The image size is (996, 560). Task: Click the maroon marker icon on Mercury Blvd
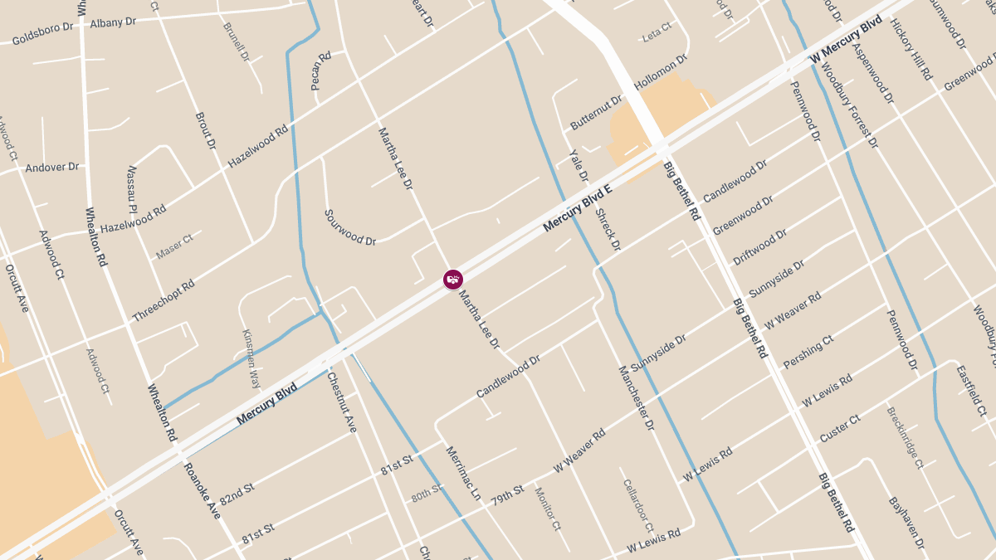tap(452, 280)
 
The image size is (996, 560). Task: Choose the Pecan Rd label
tap(320, 71)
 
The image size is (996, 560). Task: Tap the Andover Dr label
tap(51, 167)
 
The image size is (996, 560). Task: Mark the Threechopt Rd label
tap(163, 300)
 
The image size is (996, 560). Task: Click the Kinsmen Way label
tap(251, 358)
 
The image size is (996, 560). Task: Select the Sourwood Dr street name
tap(349, 227)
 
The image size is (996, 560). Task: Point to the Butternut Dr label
tap(596, 113)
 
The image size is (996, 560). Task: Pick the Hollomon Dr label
tap(662, 72)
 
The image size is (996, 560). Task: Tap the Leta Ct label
tap(657, 37)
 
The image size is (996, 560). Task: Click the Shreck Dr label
tap(608, 230)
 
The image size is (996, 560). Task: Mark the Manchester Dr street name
tap(637, 397)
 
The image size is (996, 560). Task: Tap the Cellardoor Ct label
tap(638, 504)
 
